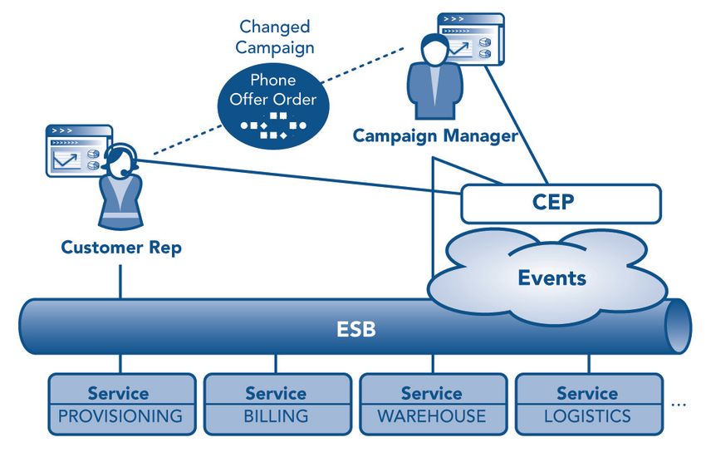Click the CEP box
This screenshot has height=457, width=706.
pyautogui.click(x=561, y=204)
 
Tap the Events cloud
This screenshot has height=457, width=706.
pyautogui.click(x=547, y=277)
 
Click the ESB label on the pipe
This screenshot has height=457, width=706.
pyautogui.click(x=355, y=329)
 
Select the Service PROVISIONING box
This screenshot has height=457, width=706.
pyautogui.click(x=122, y=405)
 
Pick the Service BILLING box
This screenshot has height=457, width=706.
pyautogui.click(x=277, y=405)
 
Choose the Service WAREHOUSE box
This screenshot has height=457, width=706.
pyautogui.click(x=433, y=405)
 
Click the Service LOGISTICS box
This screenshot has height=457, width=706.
pyautogui.click(x=589, y=405)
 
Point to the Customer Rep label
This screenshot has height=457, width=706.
pyautogui.click(x=121, y=247)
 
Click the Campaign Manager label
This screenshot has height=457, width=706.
pyautogui.click(x=435, y=135)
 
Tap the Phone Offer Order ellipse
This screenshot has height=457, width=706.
pyautogui.click(x=273, y=106)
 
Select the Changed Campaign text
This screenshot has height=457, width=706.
pyautogui.click(x=275, y=37)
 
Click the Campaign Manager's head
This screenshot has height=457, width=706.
pyautogui.click(x=434, y=49)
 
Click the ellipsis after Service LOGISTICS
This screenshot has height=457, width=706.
pyautogui.click(x=679, y=405)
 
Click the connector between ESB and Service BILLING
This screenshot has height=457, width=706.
pyautogui.click(x=276, y=364)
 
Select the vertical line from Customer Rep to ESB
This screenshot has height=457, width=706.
pyautogui.click(x=120, y=282)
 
